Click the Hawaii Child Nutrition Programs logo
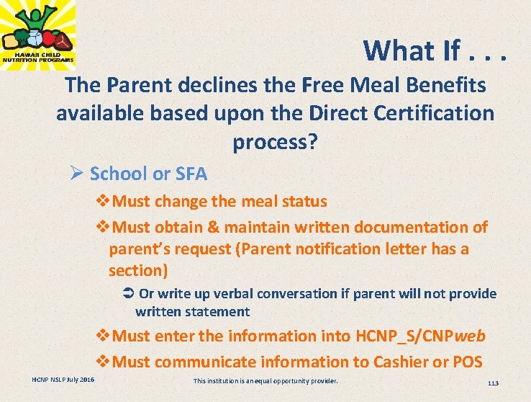38,35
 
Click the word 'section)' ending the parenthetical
138,270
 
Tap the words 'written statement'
192,312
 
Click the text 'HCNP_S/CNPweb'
421,336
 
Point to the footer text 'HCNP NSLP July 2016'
63,380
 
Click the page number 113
492,383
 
